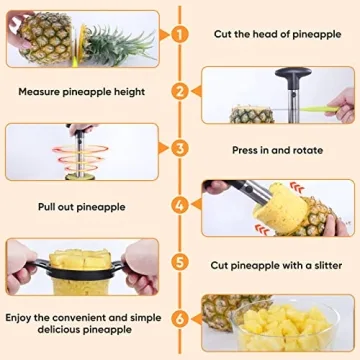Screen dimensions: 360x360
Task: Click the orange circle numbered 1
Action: [180, 33]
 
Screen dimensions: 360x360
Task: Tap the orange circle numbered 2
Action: [180, 91]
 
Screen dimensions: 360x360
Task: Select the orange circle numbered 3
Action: [180, 149]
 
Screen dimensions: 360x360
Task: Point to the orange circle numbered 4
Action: [180, 206]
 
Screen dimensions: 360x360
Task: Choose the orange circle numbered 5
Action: [180, 264]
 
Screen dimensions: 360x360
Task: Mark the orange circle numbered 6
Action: [180, 322]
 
